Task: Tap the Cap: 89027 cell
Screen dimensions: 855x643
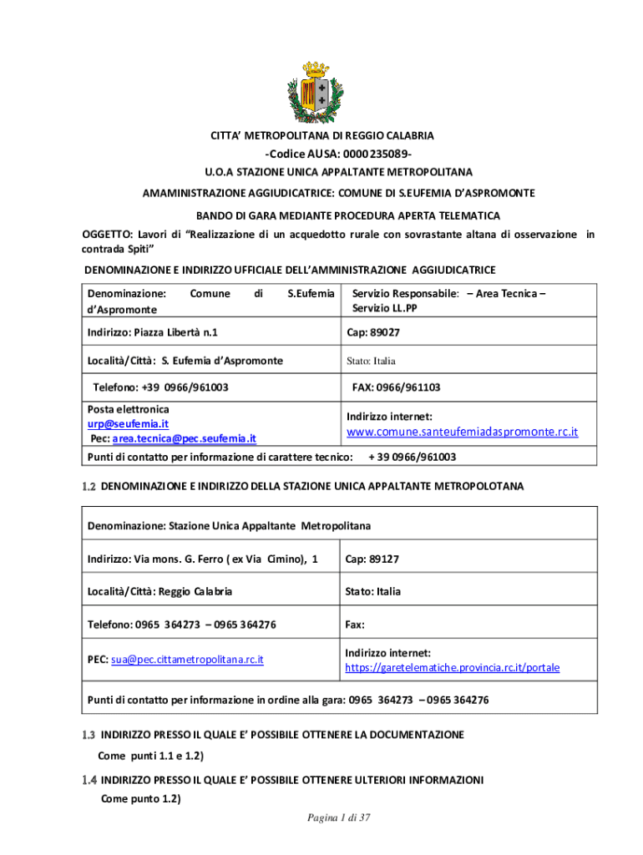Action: coord(373,332)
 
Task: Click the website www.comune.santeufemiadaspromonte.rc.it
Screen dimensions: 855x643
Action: coord(462,432)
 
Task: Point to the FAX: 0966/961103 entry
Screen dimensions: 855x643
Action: coord(396,387)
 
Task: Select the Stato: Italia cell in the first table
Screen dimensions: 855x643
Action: coord(372,361)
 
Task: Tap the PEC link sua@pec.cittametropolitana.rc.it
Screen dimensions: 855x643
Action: coord(187,660)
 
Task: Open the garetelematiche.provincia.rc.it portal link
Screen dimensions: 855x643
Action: coord(452,668)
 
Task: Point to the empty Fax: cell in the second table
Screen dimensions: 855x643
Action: coord(356,624)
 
